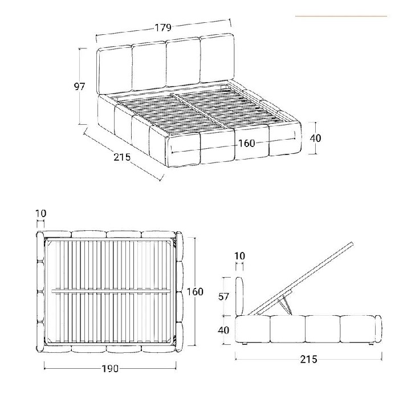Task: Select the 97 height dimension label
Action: tap(80, 87)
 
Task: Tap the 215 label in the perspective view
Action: tap(122, 157)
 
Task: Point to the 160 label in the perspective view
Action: tap(246, 143)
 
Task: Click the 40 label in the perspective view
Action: tap(315, 138)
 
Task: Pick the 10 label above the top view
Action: tap(40, 214)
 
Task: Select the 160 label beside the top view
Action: tap(195, 292)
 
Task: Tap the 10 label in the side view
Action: tap(239, 256)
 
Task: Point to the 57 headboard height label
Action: tap(225, 296)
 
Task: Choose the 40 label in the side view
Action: tap(225, 329)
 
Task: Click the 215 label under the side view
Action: tap(307, 360)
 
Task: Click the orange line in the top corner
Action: tap(341, 17)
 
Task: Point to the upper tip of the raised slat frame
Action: tap(350, 245)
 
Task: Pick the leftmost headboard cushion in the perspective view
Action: tap(115, 71)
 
